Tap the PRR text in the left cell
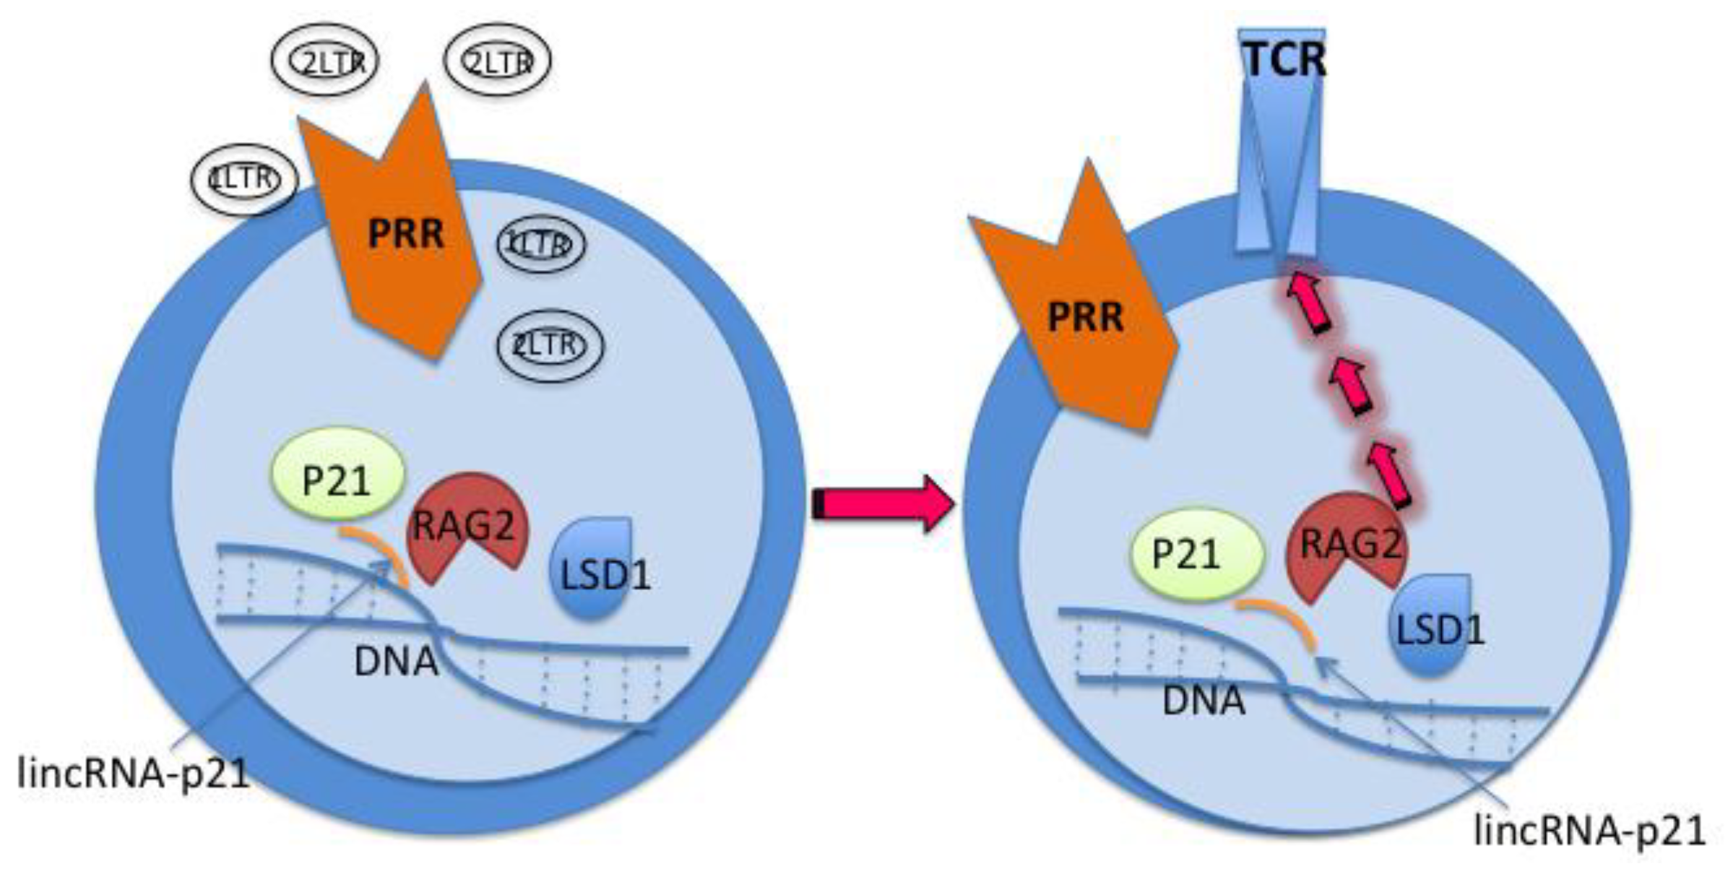(405, 234)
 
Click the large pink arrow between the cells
(881, 503)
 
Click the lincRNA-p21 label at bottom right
(1589, 831)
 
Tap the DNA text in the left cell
(396, 662)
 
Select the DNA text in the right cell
(1204, 701)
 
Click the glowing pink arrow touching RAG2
(1388, 475)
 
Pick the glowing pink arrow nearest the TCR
(1309, 303)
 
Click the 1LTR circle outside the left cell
(244, 180)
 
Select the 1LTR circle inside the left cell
(540, 244)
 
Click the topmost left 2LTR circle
(325, 62)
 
